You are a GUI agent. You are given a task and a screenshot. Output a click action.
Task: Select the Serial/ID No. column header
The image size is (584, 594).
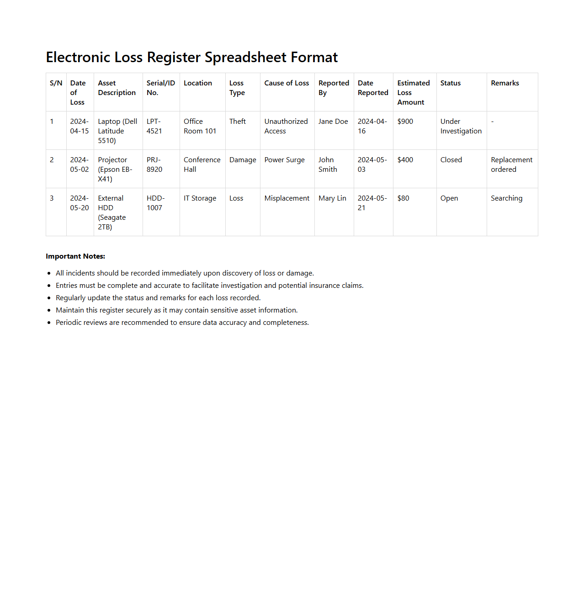coord(160,88)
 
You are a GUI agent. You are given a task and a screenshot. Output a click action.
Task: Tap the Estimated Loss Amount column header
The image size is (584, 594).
coord(413,92)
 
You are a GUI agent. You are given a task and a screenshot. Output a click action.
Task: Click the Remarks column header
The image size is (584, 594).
coord(504,83)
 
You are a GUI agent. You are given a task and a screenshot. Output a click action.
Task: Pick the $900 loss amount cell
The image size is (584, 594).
coord(405,122)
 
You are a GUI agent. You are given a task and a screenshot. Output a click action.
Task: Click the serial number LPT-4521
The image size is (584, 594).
coord(154,126)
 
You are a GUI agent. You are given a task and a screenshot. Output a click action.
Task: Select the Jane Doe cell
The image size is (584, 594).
coord(333,122)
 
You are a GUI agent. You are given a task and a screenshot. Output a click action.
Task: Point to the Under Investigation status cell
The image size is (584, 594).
coord(461,126)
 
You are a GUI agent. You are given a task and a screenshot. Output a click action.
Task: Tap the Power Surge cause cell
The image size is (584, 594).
coord(284,160)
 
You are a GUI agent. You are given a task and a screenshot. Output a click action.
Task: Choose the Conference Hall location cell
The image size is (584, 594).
coord(202,164)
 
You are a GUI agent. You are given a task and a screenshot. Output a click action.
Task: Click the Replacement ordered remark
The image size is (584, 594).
coord(511,164)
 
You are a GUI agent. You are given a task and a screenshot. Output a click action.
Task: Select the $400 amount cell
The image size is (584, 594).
coord(405,160)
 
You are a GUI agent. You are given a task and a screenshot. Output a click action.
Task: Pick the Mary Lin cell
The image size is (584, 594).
coord(332,198)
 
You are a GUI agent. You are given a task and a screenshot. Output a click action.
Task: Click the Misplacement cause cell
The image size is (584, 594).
coord(287,198)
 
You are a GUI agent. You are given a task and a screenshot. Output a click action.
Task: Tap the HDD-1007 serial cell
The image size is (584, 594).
coord(155,203)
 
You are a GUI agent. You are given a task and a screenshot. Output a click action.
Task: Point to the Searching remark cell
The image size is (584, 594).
coord(506,198)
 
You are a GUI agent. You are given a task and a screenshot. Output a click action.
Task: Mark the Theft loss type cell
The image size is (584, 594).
coord(237,122)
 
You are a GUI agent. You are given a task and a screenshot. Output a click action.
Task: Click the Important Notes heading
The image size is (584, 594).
coord(75,256)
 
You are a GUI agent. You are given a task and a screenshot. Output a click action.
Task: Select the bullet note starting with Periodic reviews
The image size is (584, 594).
coord(182,323)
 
